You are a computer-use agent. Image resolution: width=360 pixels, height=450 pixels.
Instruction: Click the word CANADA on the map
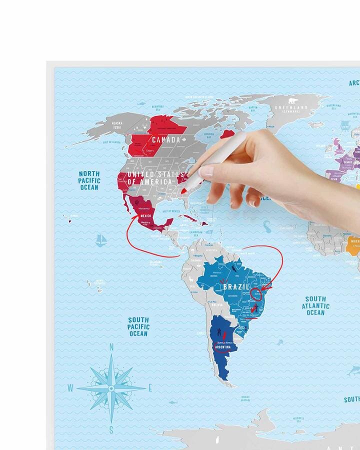(165, 139)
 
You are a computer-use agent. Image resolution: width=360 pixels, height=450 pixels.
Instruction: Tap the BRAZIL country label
(236, 287)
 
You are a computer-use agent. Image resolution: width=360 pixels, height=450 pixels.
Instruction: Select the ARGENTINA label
(222, 346)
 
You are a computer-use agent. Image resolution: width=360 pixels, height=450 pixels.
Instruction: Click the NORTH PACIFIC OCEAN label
(89, 180)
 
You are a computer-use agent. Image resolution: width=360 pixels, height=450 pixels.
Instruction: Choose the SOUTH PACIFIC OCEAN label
(138, 326)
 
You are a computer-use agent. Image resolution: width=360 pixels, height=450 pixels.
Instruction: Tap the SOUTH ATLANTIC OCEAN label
(315, 305)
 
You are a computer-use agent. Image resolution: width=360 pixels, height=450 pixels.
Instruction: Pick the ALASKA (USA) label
(117, 124)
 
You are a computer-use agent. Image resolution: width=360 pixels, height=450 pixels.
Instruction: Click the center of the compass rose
(111, 387)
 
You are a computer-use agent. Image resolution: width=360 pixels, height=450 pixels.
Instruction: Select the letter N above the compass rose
(111, 347)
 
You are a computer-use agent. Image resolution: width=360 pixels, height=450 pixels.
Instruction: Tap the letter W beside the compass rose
(70, 388)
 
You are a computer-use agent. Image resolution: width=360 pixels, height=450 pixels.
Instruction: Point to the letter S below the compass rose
(111, 429)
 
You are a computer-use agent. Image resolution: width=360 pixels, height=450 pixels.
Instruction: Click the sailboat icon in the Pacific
(101, 240)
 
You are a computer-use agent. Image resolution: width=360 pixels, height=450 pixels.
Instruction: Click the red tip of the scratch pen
(183, 190)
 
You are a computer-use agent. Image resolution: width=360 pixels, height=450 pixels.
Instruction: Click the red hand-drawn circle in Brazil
(256, 293)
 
